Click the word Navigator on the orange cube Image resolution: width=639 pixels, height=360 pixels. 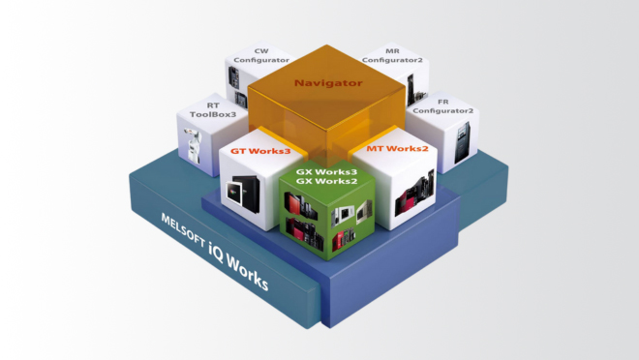(329, 83)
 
